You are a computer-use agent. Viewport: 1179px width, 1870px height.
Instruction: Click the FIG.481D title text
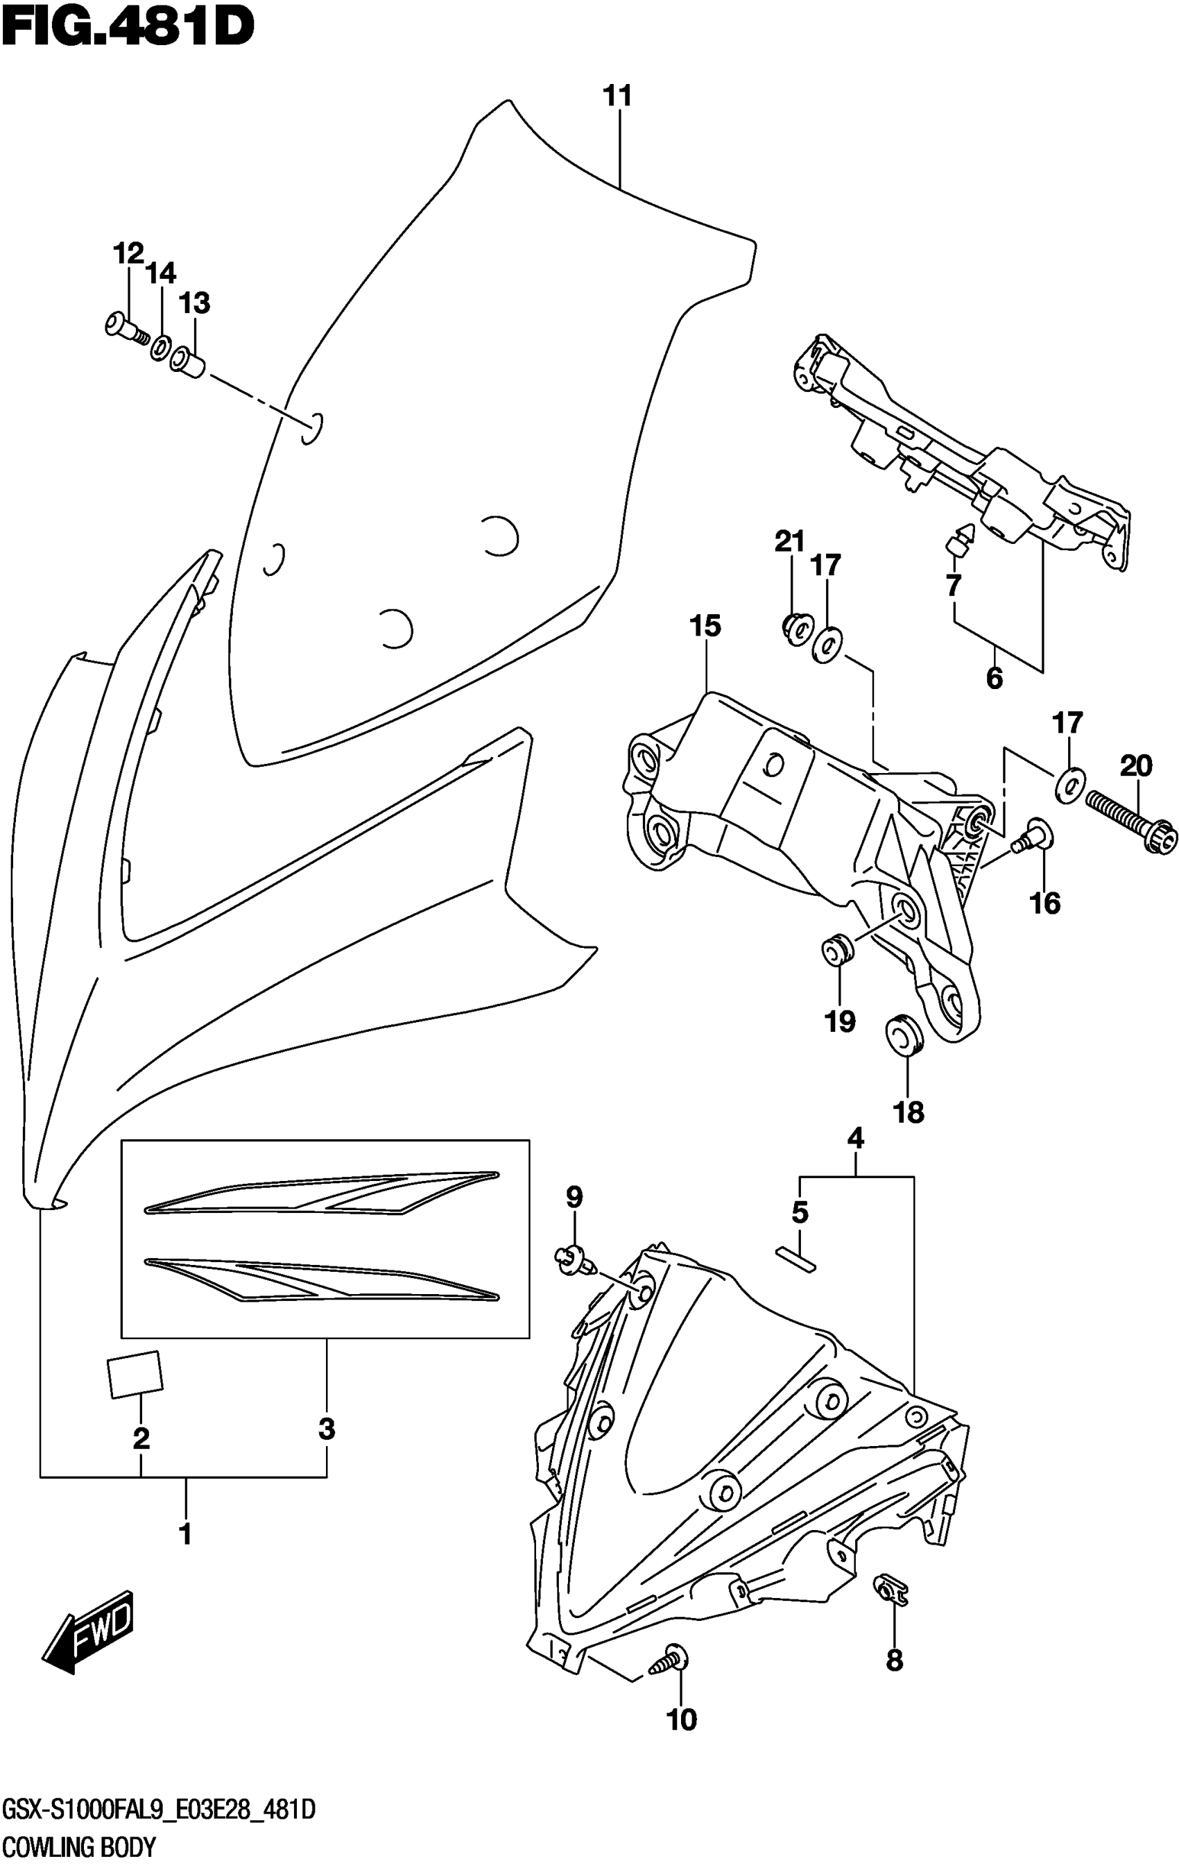point(128,28)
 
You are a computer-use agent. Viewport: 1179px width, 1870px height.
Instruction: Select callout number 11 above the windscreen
point(618,97)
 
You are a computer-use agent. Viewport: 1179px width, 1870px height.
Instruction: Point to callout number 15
point(705,625)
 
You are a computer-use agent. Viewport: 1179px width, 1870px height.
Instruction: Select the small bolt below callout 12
point(124,327)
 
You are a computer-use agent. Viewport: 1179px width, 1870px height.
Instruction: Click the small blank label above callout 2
point(135,1375)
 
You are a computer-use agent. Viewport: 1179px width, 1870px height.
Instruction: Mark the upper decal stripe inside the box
point(322,1193)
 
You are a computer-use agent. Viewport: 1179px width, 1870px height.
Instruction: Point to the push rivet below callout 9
point(574,1257)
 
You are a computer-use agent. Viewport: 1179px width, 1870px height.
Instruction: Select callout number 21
point(789,541)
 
